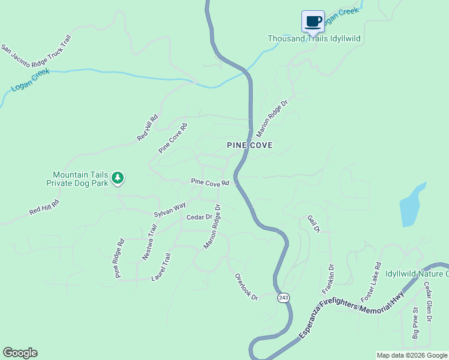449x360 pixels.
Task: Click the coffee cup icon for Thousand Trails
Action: coord(313,22)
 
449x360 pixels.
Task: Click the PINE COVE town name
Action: coord(250,145)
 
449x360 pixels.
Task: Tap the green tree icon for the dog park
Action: coord(118,178)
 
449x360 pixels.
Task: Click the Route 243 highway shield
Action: coord(283,298)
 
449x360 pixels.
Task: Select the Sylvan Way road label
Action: coord(170,209)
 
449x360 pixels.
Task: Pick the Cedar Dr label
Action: coord(199,217)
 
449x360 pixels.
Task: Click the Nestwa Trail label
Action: coord(149,242)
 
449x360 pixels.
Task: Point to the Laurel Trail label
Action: coord(161,267)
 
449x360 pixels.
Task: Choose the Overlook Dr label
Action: coord(246,287)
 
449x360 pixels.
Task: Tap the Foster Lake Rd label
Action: coord(370,282)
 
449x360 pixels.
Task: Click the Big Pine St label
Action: coord(415,323)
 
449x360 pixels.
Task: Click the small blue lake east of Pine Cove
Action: coord(412,205)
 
